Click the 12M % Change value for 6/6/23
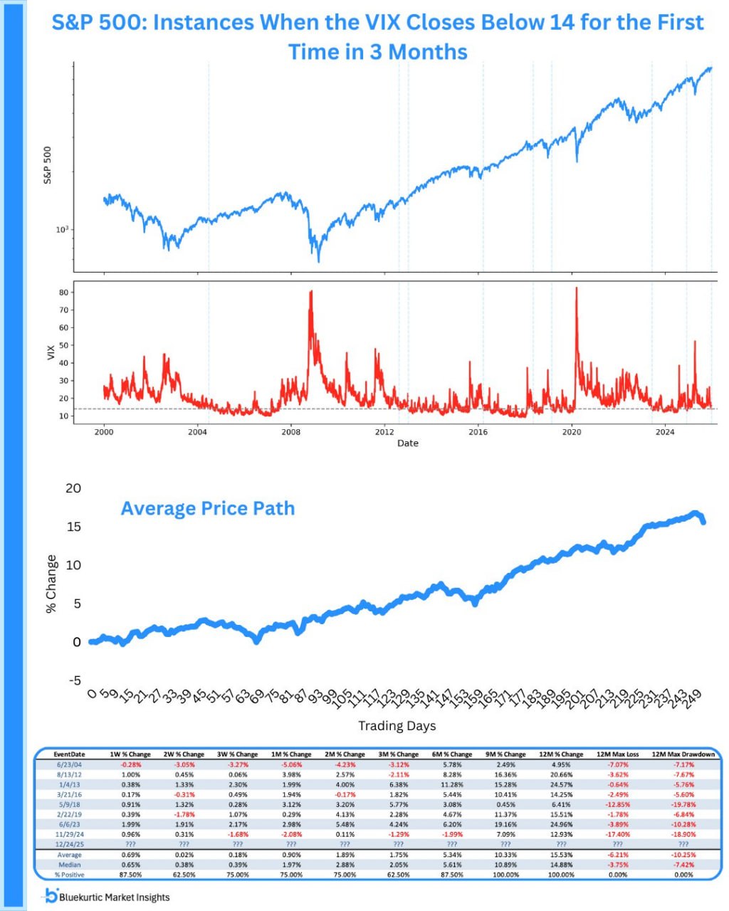tap(561, 824)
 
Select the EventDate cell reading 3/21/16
tap(69, 794)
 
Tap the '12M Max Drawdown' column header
tap(683, 754)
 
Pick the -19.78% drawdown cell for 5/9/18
tap(683, 804)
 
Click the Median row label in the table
tap(69, 865)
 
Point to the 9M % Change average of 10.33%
tap(505, 855)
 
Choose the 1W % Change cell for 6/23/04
tap(130, 765)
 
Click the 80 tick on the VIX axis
tap(63, 293)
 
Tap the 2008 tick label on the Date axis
tap(290, 432)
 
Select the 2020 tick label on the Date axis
tap(572, 432)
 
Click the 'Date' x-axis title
tap(408, 443)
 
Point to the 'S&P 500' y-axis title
tap(48, 166)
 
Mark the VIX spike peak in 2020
tap(576, 288)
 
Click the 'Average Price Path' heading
tap(207, 508)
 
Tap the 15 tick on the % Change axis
tap(73, 527)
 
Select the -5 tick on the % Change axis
tap(73, 680)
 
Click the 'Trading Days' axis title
tap(397, 726)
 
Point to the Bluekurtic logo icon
tap(51, 896)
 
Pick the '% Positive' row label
tap(69, 875)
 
